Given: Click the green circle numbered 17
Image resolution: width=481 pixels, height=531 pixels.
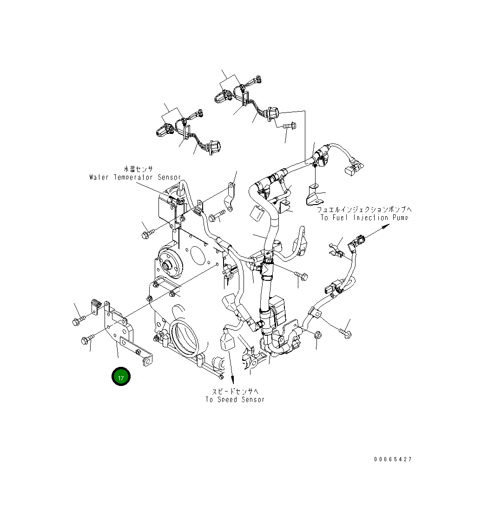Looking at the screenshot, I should click(121, 377).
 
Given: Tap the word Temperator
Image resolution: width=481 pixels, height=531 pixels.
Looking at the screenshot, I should click(134, 177).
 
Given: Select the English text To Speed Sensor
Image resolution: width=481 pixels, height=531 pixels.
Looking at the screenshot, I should click(235, 399).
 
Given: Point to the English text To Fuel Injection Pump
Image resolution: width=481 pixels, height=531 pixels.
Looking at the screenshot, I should click(364, 218).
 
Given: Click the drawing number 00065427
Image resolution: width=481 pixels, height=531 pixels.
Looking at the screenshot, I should click(393, 459).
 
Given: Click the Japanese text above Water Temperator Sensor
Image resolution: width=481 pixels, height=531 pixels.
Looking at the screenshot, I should click(138, 169).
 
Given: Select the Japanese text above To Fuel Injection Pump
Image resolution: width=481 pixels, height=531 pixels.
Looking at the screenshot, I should click(364, 210).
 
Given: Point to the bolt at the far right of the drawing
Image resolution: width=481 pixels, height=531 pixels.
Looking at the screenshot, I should click(346, 332).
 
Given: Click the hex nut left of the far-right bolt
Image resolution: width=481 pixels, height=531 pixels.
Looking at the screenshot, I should click(318, 334).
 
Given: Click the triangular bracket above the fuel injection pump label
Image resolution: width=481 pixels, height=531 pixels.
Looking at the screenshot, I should click(314, 195).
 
